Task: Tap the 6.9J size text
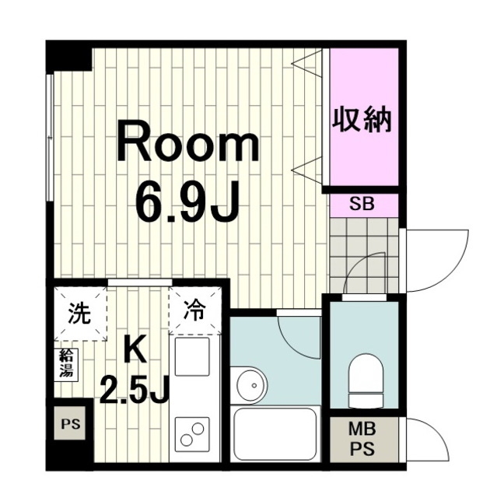[187, 202]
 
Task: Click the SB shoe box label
[362, 204]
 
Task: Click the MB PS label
[362, 439]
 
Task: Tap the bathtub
[275, 434]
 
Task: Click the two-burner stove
[192, 433]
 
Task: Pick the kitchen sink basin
[192, 356]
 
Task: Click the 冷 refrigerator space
[195, 310]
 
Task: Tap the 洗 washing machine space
[80, 314]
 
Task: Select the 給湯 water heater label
[68, 363]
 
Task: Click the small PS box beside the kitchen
[70, 424]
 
